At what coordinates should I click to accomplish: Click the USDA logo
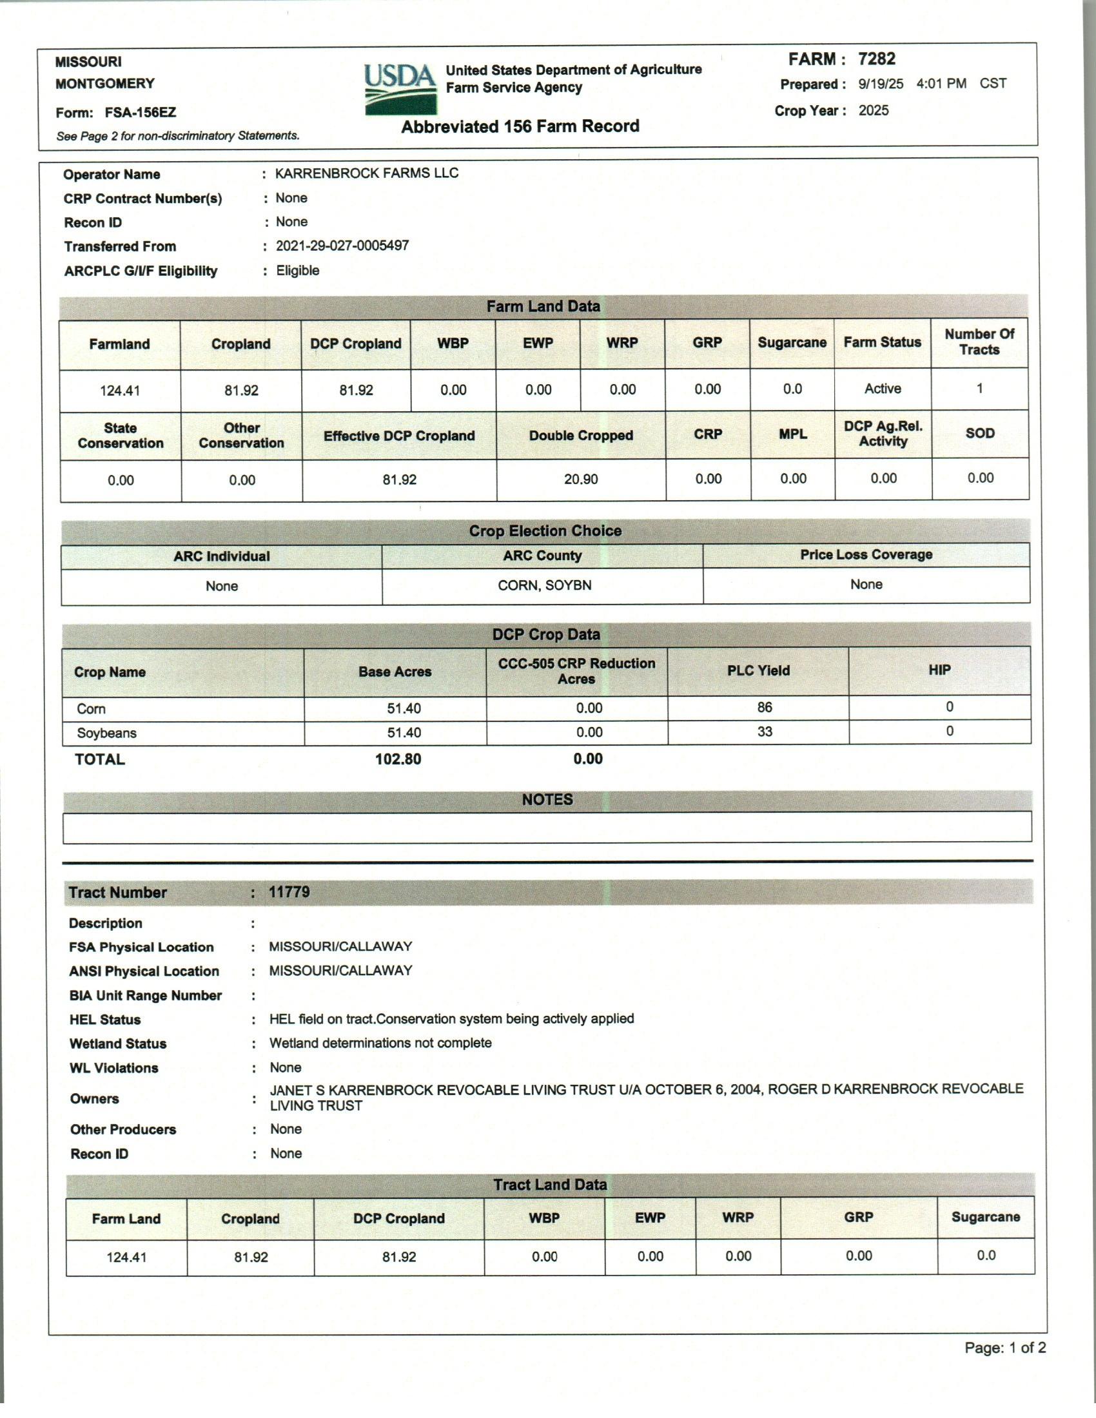(x=398, y=89)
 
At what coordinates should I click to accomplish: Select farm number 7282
(x=876, y=59)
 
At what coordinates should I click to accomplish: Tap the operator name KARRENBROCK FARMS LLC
(x=366, y=173)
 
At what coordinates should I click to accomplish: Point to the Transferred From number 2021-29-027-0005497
(x=342, y=246)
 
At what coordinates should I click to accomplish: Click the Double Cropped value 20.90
(x=580, y=480)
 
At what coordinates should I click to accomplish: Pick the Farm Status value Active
(x=883, y=389)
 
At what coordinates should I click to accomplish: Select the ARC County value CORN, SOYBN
(x=544, y=586)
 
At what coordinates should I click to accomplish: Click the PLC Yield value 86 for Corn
(x=764, y=708)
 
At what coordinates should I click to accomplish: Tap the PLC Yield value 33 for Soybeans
(x=764, y=732)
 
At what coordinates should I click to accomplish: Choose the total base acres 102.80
(x=397, y=759)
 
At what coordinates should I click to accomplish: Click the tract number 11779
(x=289, y=892)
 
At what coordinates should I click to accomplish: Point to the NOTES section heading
(x=547, y=799)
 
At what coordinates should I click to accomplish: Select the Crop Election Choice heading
(x=545, y=531)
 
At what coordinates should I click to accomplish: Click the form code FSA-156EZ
(x=141, y=113)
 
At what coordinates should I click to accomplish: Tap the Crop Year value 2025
(x=874, y=110)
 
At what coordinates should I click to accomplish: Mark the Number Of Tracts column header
(x=979, y=342)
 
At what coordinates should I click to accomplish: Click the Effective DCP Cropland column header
(x=398, y=436)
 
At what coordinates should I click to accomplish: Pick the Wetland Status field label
(x=117, y=1044)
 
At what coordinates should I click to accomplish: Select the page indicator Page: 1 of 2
(x=1004, y=1348)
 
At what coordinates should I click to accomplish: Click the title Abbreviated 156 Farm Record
(x=520, y=126)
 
